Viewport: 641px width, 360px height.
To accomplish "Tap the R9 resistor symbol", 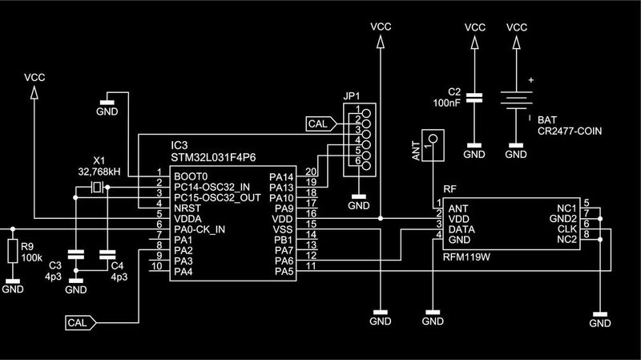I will [x=13, y=251].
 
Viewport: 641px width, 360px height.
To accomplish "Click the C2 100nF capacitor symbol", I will [x=475, y=98].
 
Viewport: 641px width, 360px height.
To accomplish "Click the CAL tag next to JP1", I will [x=318, y=124].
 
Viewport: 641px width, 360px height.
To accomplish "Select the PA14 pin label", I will [x=282, y=176].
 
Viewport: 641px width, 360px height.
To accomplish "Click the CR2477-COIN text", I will [x=570, y=130].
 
